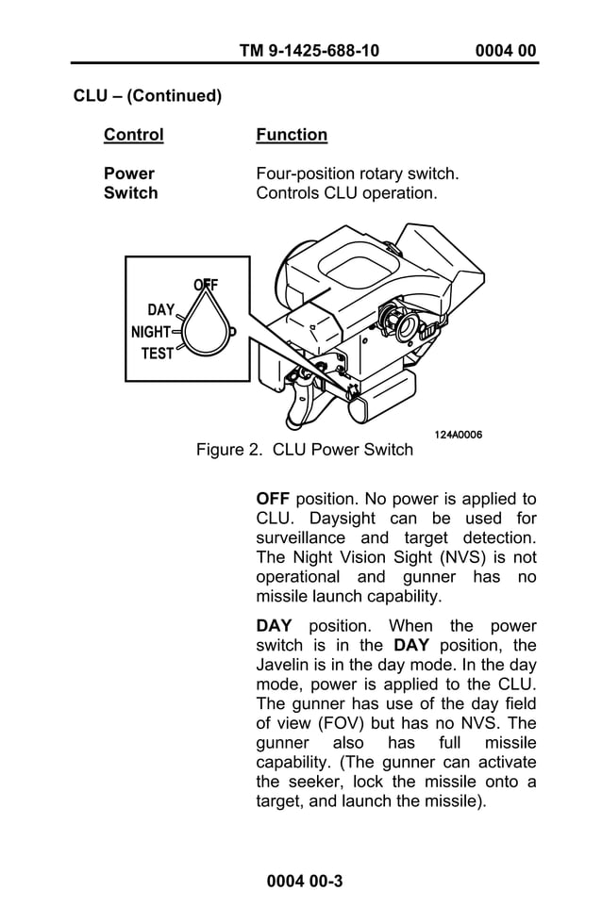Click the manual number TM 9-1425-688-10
point(309,50)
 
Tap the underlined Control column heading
point(133,135)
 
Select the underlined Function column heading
point(292,135)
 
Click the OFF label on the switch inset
point(206,285)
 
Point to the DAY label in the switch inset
point(160,309)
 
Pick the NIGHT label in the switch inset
point(151,332)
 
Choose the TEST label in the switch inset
point(157,354)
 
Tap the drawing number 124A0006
point(459,435)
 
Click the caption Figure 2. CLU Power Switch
point(304,450)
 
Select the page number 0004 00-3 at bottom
point(304,882)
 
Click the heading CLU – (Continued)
point(147,96)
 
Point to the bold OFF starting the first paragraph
point(273,499)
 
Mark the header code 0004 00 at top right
point(506,50)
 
